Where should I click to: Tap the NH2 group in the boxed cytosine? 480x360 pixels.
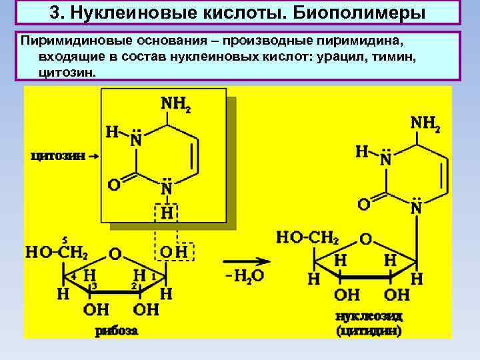click(x=176, y=104)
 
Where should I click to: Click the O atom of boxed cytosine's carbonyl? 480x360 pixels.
click(x=114, y=185)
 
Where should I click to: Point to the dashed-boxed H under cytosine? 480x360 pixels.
click(x=168, y=213)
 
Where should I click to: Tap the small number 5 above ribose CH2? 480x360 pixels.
click(x=64, y=240)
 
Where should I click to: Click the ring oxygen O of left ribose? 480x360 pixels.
click(x=115, y=254)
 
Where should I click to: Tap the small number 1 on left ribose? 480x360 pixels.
click(x=154, y=274)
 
